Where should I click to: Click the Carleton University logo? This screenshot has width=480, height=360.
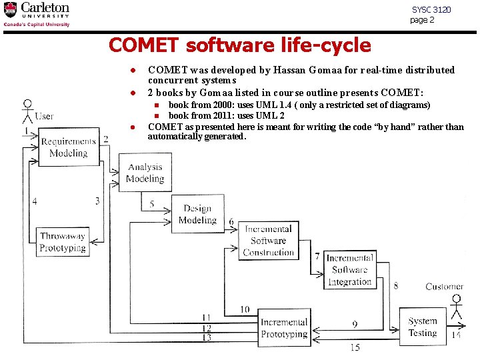point(37,15)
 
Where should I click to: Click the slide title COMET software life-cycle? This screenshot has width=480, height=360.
point(239,45)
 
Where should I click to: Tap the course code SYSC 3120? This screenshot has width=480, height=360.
point(431,10)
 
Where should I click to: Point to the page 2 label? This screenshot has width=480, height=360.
point(422,20)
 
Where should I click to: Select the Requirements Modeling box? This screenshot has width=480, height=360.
point(69,147)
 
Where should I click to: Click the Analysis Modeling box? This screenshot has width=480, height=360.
point(145,173)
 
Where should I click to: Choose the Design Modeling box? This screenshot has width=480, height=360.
point(198,214)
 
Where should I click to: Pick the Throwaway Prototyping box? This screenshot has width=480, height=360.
point(63,241)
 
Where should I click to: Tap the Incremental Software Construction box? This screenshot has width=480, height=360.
point(268,241)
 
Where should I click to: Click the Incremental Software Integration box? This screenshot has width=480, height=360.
point(350,269)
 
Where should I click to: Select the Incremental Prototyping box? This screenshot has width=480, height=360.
point(284,327)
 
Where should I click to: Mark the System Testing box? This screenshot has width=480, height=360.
point(423,327)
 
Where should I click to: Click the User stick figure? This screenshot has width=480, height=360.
point(27,111)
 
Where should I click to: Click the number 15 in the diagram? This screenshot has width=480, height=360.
point(355,347)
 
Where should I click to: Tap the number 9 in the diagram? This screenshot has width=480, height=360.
point(355,324)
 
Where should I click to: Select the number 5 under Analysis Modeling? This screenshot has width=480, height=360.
point(152,203)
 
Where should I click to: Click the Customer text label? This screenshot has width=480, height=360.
point(444,287)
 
